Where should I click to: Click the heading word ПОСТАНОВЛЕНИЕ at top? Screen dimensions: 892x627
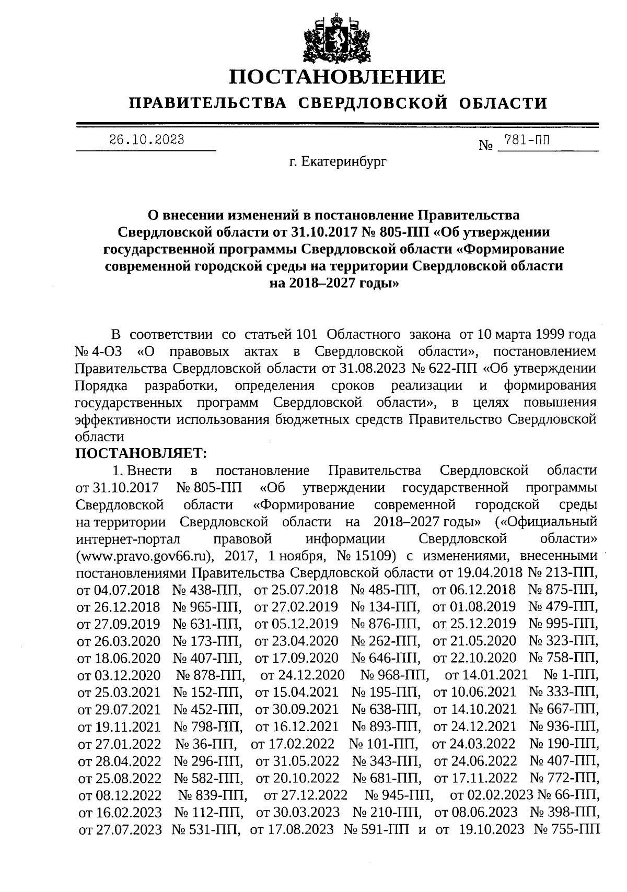[338, 77]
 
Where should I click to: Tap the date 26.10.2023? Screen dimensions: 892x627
[146, 139]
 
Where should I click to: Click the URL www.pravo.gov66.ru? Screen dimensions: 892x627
[144, 555]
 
